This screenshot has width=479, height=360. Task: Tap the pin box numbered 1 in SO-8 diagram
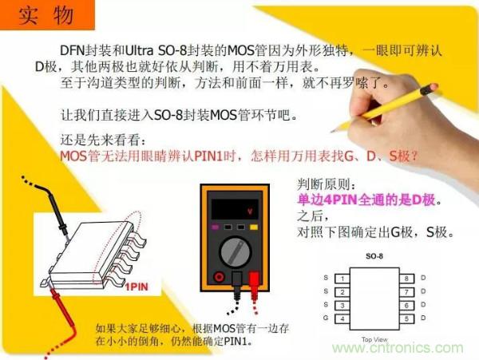pyautogui.click(x=342, y=279)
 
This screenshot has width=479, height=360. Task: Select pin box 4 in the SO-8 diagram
pyautogui.click(x=342, y=319)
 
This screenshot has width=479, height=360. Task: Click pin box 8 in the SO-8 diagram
pyautogui.click(x=406, y=279)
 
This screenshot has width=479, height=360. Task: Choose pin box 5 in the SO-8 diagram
pyautogui.click(x=406, y=319)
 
